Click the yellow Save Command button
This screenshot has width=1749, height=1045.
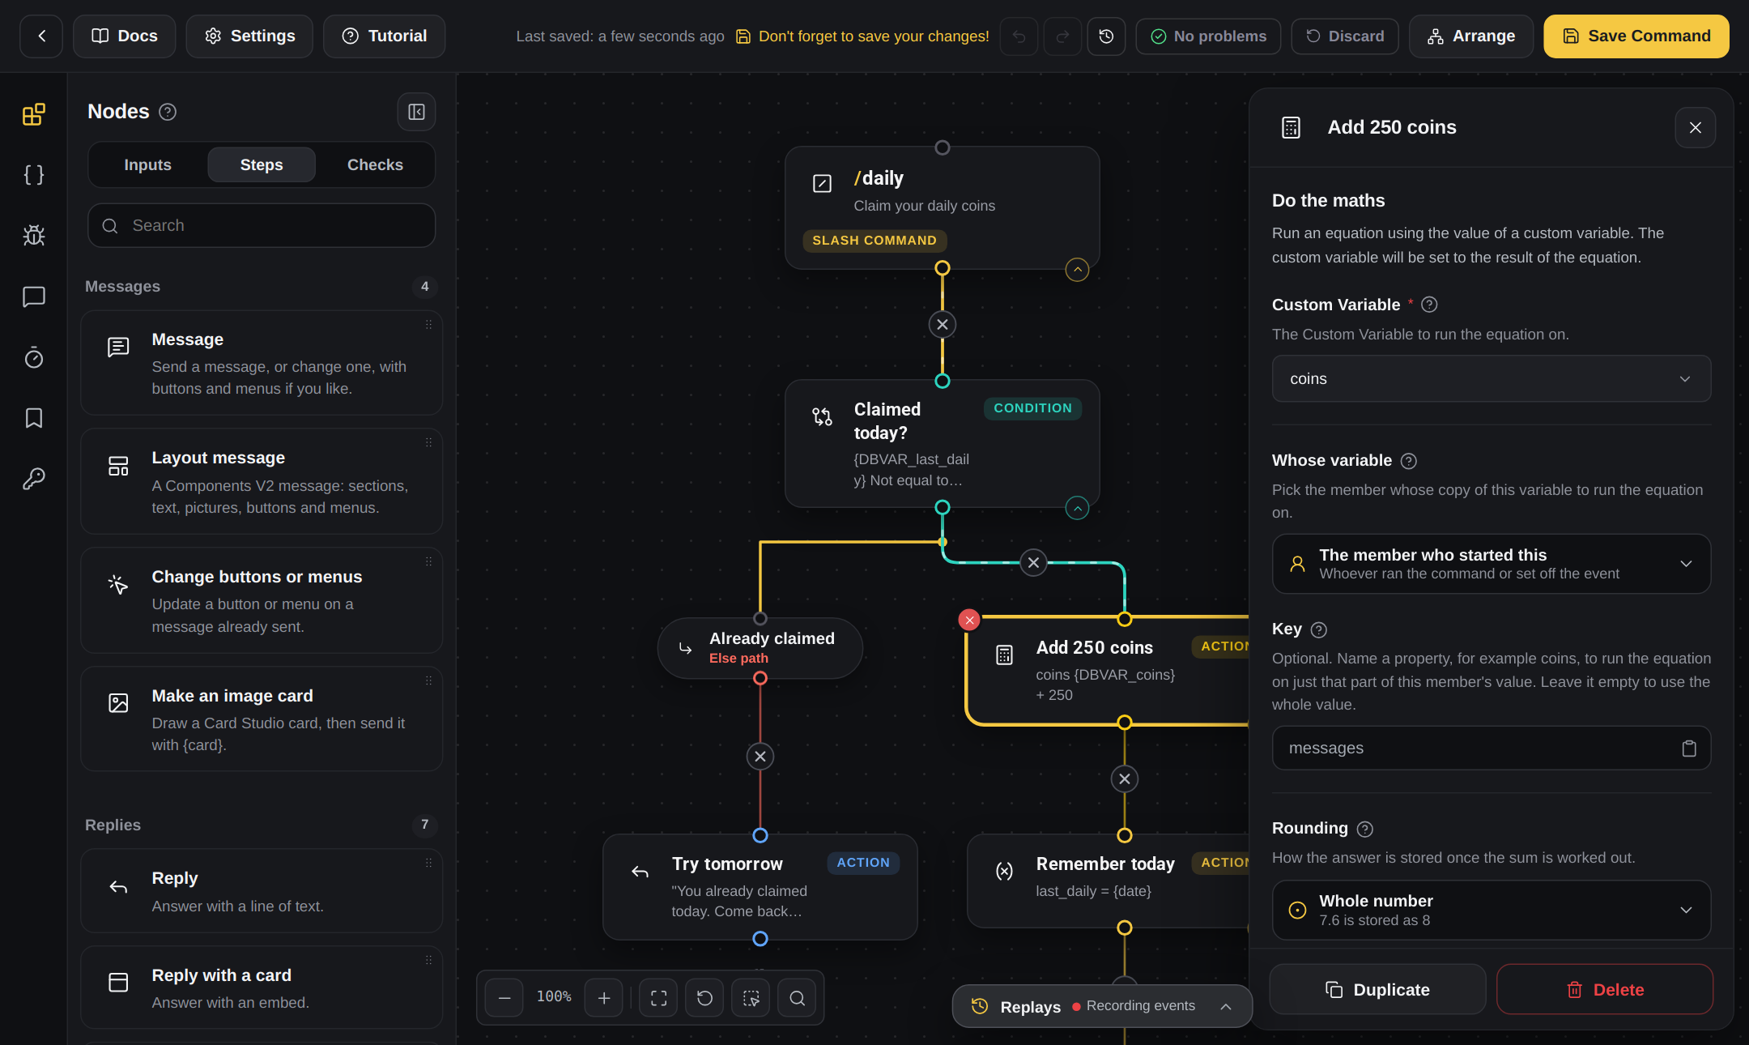(1636, 36)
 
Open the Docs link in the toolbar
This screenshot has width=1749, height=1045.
(124, 36)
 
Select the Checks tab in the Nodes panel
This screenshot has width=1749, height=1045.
(375, 164)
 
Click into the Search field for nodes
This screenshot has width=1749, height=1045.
(262, 225)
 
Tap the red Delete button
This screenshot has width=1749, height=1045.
(1604, 989)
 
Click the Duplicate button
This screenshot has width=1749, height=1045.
(1377, 989)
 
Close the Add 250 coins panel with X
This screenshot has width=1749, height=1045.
(1695, 127)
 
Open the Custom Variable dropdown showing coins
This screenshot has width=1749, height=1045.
(1491, 378)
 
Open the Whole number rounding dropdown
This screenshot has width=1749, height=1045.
(1491, 910)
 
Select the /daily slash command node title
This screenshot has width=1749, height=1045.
(879, 178)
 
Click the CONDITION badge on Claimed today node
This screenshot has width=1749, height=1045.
(1032, 408)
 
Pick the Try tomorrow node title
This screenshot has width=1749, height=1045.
(727, 864)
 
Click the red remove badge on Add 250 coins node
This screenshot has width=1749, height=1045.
(969, 620)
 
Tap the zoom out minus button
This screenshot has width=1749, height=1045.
(504, 997)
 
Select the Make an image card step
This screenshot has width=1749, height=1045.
(262, 719)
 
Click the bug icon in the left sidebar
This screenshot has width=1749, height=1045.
(34, 236)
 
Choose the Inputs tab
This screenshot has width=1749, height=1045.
(147, 164)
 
